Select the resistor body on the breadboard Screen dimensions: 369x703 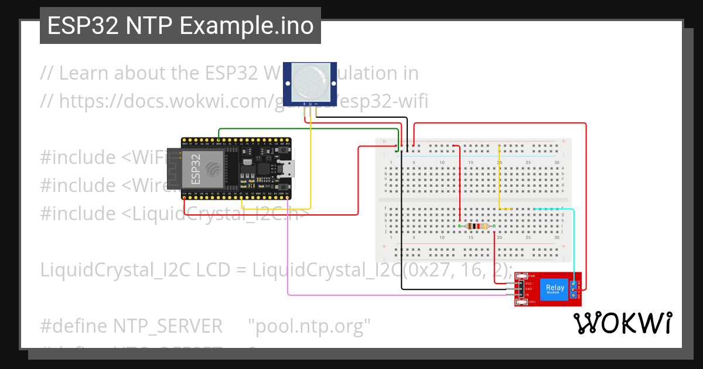pyautogui.click(x=477, y=226)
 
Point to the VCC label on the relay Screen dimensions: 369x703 pyautogui.click(x=528, y=283)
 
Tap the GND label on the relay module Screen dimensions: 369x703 pyautogui.click(x=528, y=289)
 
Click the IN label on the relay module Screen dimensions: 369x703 pyautogui.click(x=527, y=295)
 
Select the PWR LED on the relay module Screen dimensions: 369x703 pyautogui.click(x=521, y=275)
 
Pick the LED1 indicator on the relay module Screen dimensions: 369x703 pyautogui.click(x=521, y=302)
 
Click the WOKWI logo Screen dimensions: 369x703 pyautogui.click(x=622, y=323)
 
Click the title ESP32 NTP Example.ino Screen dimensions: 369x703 pyautogui.click(x=180, y=26)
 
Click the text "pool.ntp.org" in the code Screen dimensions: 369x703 pyautogui.click(x=309, y=326)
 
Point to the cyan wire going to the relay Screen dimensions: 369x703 pyautogui.click(x=574, y=246)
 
